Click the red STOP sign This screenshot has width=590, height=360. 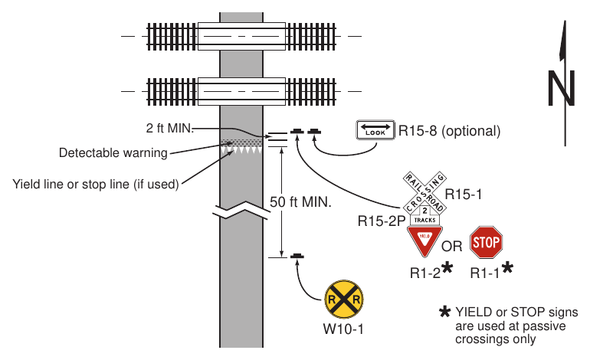(x=486, y=242)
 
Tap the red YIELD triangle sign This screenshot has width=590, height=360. (x=424, y=241)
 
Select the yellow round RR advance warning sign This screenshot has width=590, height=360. (x=344, y=299)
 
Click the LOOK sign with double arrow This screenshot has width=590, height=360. (x=375, y=130)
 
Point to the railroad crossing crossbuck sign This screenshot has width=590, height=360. (x=424, y=193)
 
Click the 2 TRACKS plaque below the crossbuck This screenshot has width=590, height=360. (x=424, y=215)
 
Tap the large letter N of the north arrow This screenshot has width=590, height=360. (x=561, y=88)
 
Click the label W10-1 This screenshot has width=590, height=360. (x=343, y=329)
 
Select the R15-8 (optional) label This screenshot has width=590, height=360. (x=449, y=131)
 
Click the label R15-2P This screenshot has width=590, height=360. (x=381, y=221)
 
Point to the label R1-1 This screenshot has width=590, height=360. (x=485, y=273)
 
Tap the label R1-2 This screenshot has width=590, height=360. (x=424, y=273)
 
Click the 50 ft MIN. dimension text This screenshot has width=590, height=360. (x=300, y=202)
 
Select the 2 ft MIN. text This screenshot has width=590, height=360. (x=169, y=128)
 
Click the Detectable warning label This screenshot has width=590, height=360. (x=113, y=152)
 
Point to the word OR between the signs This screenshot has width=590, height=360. (x=452, y=247)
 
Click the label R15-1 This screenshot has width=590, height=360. (x=464, y=194)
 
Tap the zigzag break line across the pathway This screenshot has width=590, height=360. (x=241, y=211)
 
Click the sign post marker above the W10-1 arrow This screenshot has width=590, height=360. (x=297, y=256)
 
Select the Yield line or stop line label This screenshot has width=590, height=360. (x=96, y=185)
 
